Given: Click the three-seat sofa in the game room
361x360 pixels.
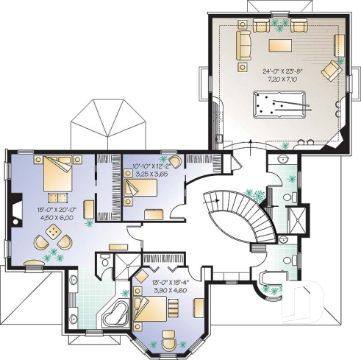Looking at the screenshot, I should [x=243, y=46].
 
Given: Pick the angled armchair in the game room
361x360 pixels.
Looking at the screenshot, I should [x=332, y=71].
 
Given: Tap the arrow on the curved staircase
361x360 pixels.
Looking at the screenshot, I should [x=210, y=197].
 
